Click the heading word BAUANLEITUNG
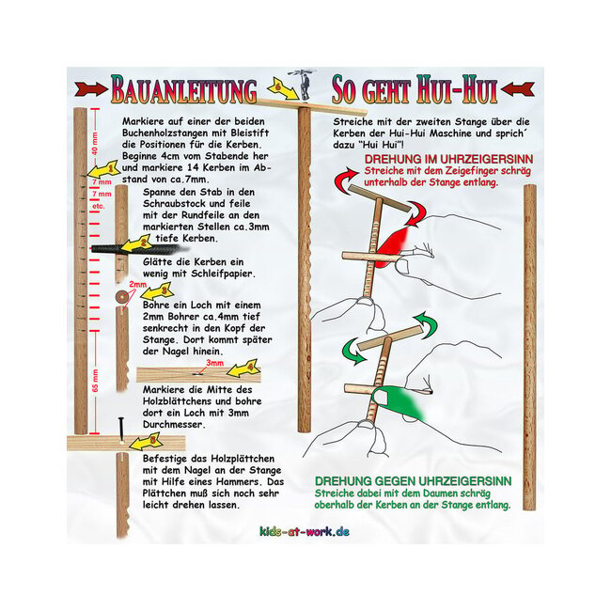183,90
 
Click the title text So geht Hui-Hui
414,90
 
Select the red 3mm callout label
215,363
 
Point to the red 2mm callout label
137,283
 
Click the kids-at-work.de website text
304,532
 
